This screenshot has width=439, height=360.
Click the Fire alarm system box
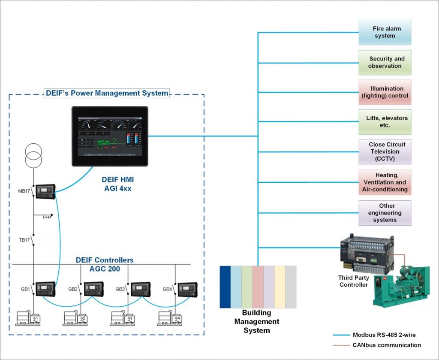click(x=385, y=32)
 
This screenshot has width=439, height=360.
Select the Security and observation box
click(x=385, y=62)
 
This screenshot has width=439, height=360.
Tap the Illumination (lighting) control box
click(x=385, y=92)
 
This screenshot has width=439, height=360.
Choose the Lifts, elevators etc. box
click(x=385, y=122)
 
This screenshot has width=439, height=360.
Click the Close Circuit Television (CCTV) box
click(x=385, y=151)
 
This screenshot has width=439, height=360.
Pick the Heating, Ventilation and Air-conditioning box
click(x=385, y=182)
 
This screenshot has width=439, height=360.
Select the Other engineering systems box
click(x=385, y=213)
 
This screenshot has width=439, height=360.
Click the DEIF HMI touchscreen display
click(x=110, y=136)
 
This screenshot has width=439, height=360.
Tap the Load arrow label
click(x=47, y=217)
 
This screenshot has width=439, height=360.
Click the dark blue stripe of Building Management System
click(x=225, y=287)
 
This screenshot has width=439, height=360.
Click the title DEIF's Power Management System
click(x=107, y=93)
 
